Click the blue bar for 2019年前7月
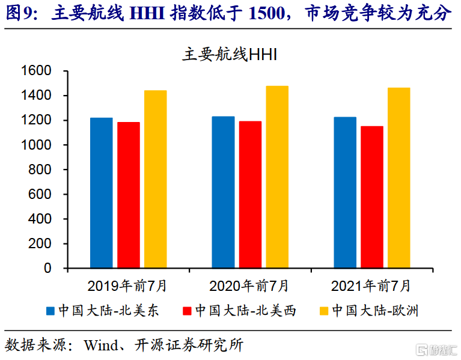pyautogui.click(x=101, y=193)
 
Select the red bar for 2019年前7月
pyautogui.click(x=128, y=195)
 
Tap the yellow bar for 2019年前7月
pyautogui.click(x=155, y=179)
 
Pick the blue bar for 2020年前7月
pyautogui.click(x=223, y=192)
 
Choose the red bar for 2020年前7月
pyautogui.click(x=250, y=195)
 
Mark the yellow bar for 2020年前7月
pyautogui.click(x=277, y=177)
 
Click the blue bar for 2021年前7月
pyautogui.click(x=345, y=192)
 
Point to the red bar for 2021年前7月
pyautogui.click(x=372, y=197)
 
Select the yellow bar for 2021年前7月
pyautogui.click(x=399, y=178)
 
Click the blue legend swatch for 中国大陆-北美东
pyautogui.click(x=51, y=311)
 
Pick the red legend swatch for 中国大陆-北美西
pyautogui.click(x=187, y=311)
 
